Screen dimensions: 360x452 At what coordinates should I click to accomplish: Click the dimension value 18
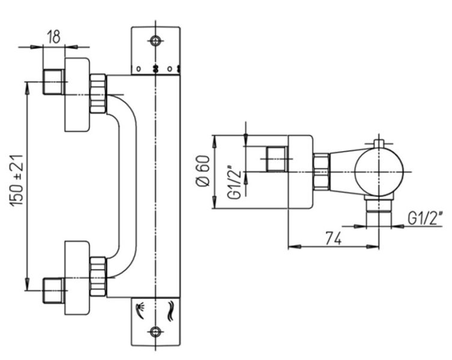tap(53, 36)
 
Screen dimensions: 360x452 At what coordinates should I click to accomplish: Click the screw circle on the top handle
tap(156, 41)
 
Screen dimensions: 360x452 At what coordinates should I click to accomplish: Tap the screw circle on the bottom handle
tap(156, 331)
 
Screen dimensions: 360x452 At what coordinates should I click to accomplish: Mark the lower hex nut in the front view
tap(97, 275)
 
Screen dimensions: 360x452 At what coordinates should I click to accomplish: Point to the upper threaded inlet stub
tap(53, 82)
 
